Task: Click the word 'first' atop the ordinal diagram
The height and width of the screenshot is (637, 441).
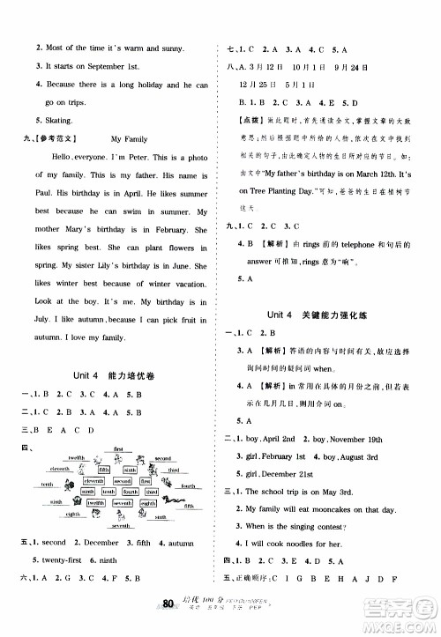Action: (x=118, y=449)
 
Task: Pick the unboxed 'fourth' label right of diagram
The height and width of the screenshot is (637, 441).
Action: (x=189, y=485)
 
